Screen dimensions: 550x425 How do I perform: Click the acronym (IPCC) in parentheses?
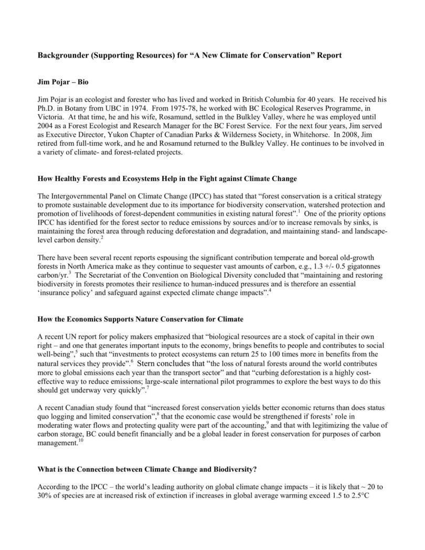pyautogui.click(x=188, y=195)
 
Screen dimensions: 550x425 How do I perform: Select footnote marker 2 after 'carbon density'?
pyautogui.click(x=102, y=224)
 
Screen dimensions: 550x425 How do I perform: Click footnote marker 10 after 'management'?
pyautogui.click(x=80, y=440)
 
